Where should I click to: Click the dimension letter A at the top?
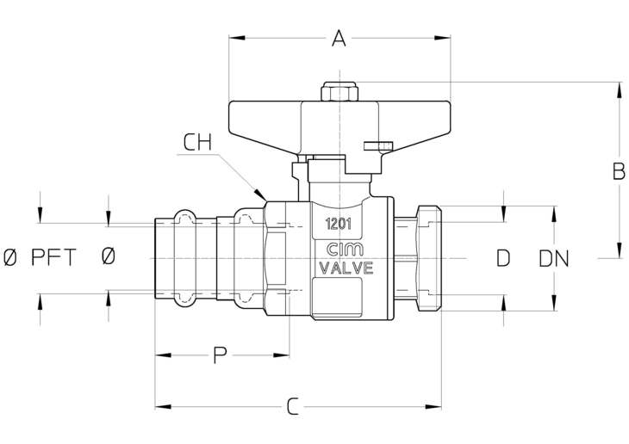click(339, 39)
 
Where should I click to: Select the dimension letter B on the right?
click(619, 171)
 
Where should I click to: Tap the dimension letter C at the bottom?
click(293, 406)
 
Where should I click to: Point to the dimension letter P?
click(220, 355)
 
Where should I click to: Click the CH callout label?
click(197, 142)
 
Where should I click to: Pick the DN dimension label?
click(554, 259)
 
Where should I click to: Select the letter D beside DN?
click(503, 258)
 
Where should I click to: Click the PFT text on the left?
click(53, 257)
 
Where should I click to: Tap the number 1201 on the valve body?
click(339, 224)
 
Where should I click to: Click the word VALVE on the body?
click(346, 268)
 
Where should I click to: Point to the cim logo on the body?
click(345, 250)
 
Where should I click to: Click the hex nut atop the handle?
click(339, 91)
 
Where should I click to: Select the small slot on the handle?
click(378, 145)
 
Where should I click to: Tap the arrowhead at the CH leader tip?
click(261, 195)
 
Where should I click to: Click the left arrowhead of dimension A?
click(237, 38)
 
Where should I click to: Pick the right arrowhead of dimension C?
click(433, 407)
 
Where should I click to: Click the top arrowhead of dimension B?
click(618, 90)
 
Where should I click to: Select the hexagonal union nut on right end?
click(429, 258)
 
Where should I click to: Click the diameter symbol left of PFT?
click(11, 257)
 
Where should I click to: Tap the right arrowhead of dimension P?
click(282, 355)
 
